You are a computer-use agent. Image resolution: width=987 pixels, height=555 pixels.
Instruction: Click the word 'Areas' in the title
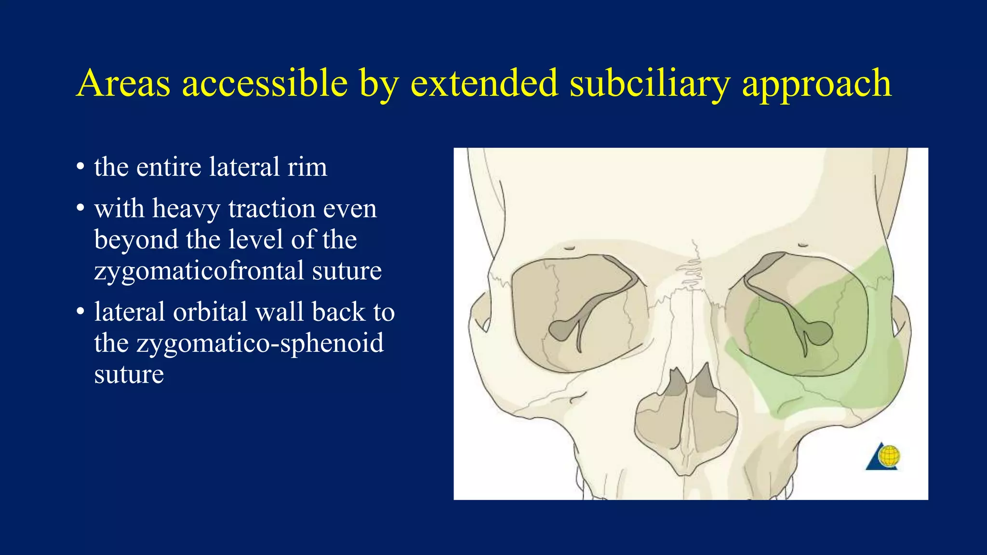tap(123, 83)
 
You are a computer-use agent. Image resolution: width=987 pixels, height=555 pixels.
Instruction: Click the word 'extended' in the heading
tap(483, 83)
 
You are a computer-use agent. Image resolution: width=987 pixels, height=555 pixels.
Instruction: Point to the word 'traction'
tap(271, 209)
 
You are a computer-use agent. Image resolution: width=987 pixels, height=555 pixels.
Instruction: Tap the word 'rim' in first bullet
tap(307, 167)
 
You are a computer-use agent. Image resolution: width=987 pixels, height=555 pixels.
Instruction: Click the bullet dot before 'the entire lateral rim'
tap(80, 168)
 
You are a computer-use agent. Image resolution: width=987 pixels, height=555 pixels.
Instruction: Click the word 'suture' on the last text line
tap(129, 374)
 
